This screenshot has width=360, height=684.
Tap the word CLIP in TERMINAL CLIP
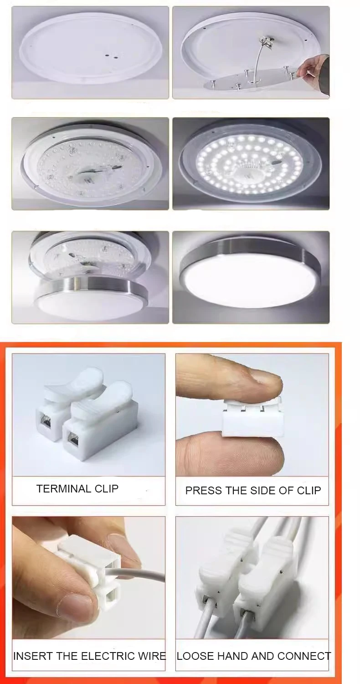(x=106, y=488)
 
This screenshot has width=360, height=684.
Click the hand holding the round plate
(x=314, y=68)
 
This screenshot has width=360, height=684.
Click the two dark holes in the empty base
(x=111, y=56)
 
